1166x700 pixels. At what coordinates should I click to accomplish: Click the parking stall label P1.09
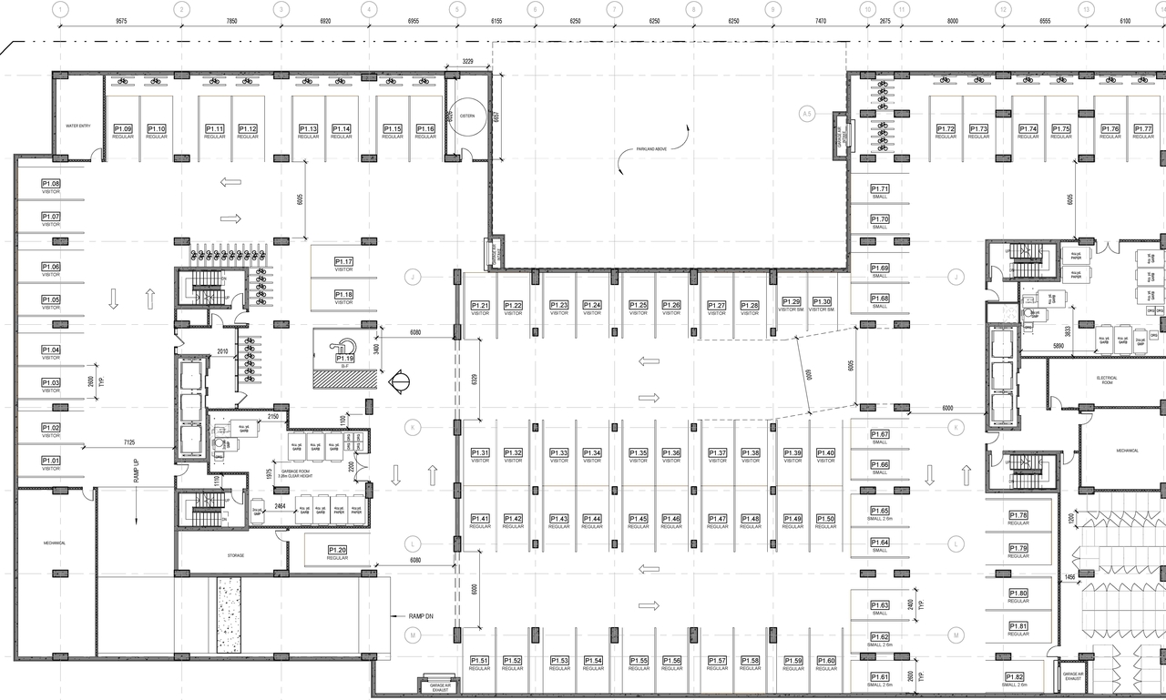click(x=123, y=129)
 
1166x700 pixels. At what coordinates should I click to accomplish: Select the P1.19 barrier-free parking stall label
click(x=344, y=359)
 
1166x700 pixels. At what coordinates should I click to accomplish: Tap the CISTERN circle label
click(x=467, y=116)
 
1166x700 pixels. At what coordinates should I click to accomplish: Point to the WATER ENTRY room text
click(x=78, y=126)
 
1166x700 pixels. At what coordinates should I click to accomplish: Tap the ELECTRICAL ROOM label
click(x=1107, y=380)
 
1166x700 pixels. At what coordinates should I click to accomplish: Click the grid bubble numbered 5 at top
click(x=456, y=9)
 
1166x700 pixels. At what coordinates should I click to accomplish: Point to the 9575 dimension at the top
click(x=120, y=19)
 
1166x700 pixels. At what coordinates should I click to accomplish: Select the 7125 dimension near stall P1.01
click(x=130, y=442)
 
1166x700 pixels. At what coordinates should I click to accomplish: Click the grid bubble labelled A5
click(x=806, y=114)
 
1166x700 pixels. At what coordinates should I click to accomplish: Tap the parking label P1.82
click(x=1016, y=676)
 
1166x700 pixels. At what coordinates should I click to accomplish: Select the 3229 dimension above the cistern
click(x=467, y=61)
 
